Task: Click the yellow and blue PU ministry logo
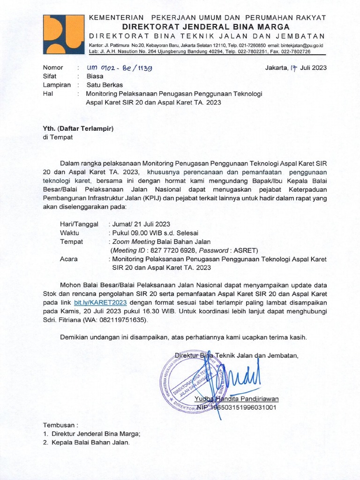click(x=63, y=35)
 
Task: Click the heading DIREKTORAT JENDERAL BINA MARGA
click(x=206, y=27)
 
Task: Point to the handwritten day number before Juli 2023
click(x=294, y=67)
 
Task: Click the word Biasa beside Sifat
click(x=95, y=76)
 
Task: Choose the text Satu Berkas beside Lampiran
click(x=105, y=85)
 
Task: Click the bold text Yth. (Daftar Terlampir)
click(x=78, y=128)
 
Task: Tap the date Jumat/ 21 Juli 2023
click(x=140, y=224)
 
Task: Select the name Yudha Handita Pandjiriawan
click(x=236, y=399)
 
